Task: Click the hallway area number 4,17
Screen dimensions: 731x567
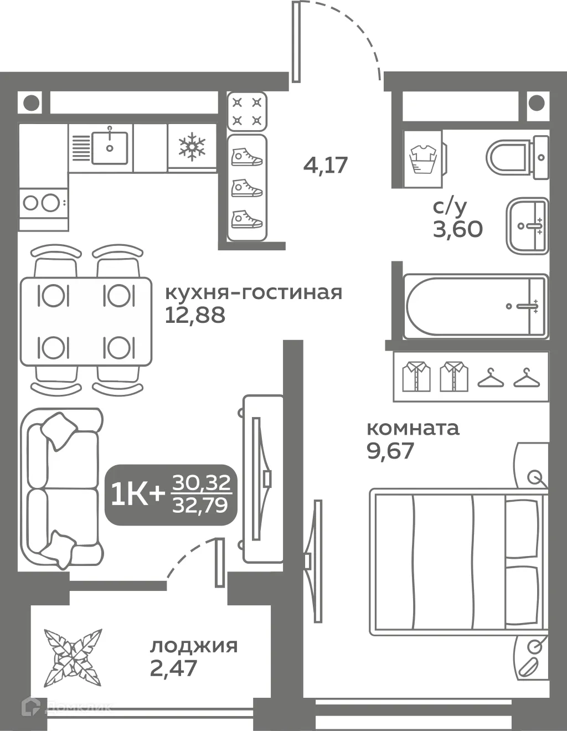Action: [326, 164]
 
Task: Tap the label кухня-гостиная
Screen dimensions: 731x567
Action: [254, 292]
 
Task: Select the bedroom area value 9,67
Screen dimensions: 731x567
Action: [390, 451]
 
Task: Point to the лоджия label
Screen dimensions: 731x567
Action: [194, 646]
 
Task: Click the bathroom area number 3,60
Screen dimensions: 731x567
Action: [457, 228]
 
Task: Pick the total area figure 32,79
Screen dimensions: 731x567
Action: [200, 505]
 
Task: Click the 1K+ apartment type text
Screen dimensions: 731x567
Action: [138, 494]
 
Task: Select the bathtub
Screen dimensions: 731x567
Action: [475, 306]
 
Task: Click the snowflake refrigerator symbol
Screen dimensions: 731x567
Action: [192, 147]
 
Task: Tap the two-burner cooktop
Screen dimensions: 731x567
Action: [42, 203]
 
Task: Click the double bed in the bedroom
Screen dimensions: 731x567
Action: [457, 563]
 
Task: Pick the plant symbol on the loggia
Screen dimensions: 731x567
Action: [73, 657]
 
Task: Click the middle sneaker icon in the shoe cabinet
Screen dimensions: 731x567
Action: [246, 188]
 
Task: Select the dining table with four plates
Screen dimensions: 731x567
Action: [86, 321]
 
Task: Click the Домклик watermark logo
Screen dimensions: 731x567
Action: [66, 707]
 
